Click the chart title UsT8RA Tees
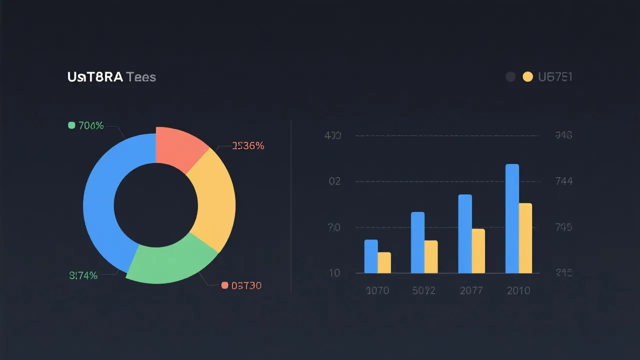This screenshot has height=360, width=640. coord(111,77)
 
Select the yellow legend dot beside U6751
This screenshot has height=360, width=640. coord(527,76)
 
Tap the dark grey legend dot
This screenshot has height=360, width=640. coord(510,76)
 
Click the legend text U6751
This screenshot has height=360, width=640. coord(555,76)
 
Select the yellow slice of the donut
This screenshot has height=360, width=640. coord(215,200)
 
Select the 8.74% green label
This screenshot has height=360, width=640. coord(82,275)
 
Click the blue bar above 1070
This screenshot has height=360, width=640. coord(371,256)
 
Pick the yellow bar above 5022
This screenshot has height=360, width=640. coord(431,257)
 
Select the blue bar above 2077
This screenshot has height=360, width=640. coord(465,233)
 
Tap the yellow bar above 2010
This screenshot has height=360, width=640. coord(525,238)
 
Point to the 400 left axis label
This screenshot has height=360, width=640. coord(332,135)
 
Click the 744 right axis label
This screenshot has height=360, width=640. coord(563,181)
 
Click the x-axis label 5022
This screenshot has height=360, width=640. coord(423,290)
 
